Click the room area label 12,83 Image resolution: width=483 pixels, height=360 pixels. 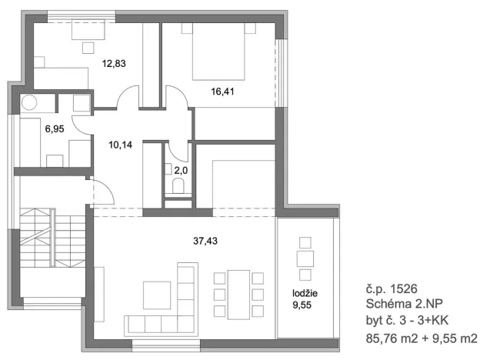coord(113,64)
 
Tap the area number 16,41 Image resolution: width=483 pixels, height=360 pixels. coord(223,91)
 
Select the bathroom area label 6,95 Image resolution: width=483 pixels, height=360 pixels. coord(54,129)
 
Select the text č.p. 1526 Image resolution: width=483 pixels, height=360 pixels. coord(392,292)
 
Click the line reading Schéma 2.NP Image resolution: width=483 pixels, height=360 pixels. coord(405,306)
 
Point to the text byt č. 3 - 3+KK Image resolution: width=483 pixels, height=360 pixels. coord(405,322)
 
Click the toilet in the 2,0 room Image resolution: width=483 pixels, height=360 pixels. coord(178,187)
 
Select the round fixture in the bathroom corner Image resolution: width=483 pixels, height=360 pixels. coord(30,102)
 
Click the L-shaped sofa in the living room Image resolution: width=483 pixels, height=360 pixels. coord(165,312)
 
